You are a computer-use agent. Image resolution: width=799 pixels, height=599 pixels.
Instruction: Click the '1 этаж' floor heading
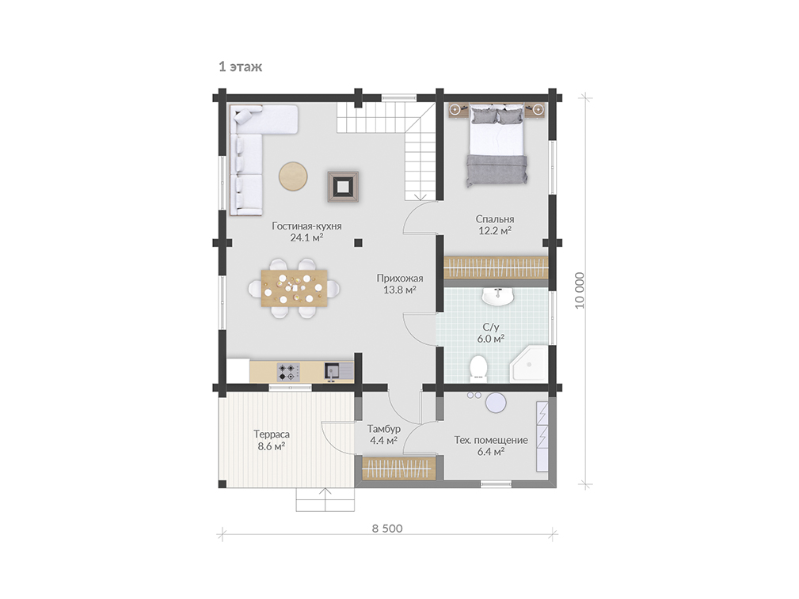point(241,66)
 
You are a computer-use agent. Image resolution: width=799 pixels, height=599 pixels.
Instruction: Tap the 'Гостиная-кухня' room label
point(306,226)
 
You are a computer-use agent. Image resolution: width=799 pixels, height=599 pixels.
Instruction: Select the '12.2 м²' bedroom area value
point(495,231)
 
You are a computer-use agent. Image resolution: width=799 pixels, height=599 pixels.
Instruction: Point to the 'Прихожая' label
point(400,278)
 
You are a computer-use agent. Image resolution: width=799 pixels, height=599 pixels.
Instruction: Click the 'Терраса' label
point(272,434)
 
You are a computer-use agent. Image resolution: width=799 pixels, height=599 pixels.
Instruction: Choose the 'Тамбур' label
point(384,429)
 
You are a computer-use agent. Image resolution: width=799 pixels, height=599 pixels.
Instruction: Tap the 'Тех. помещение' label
point(491,440)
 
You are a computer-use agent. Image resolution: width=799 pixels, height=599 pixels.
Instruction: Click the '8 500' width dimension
point(387,529)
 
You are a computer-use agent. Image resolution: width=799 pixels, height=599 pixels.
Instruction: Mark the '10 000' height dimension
point(580,290)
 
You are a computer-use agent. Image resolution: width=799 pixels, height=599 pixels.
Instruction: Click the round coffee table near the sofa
point(293,176)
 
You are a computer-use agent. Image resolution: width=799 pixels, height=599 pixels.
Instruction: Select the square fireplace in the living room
point(343,187)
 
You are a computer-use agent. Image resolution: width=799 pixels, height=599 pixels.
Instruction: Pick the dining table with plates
point(294,288)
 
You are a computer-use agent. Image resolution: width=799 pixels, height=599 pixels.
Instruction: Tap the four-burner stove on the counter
point(288,372)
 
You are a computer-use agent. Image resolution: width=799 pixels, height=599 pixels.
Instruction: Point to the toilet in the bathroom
point(478,368)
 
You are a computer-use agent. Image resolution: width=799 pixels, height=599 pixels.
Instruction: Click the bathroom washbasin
point(498,297)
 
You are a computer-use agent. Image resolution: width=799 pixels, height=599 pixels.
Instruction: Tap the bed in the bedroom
point(497,145)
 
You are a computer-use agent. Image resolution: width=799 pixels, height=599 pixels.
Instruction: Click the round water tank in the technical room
point(496,403)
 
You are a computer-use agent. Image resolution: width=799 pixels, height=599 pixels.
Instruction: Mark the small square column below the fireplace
point(359,242)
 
